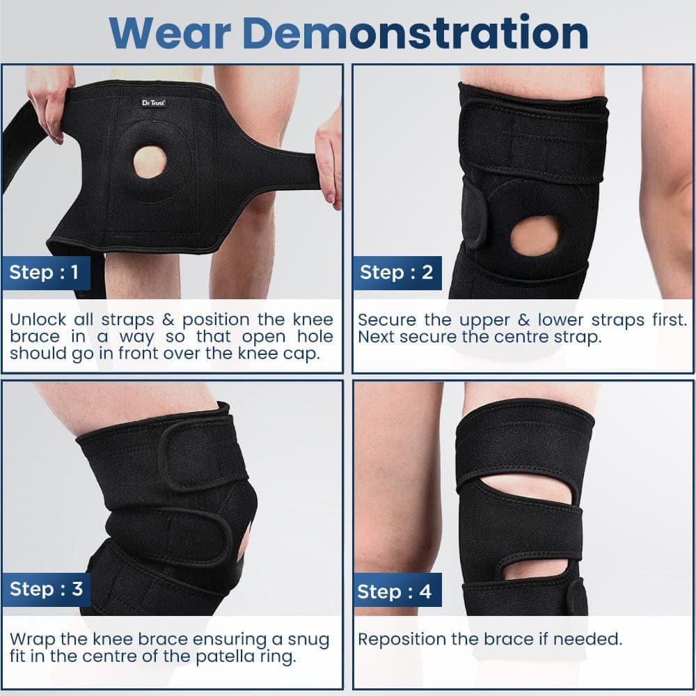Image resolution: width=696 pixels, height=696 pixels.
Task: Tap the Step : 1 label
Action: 44,271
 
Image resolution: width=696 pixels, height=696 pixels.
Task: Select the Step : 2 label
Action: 396,271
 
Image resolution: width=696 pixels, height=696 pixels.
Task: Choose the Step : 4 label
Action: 394,592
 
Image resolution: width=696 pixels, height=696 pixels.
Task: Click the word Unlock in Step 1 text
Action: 38,319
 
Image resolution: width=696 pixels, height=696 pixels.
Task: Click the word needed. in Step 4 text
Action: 587,639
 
